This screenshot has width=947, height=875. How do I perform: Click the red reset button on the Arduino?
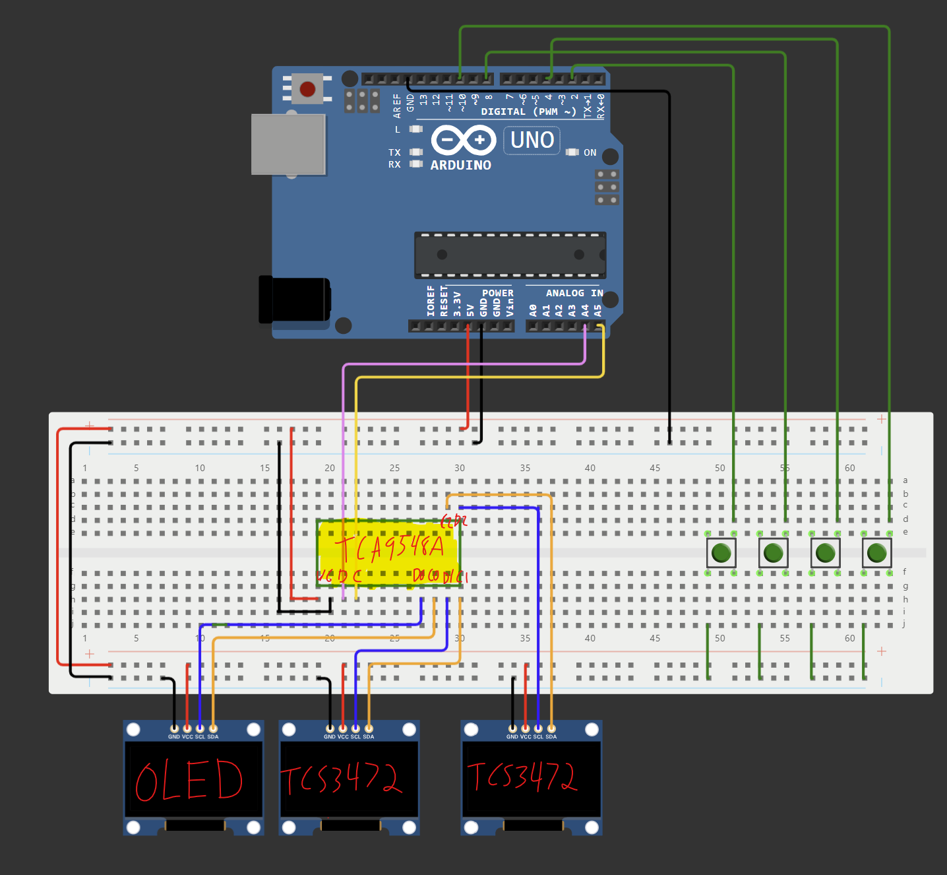point(307,88)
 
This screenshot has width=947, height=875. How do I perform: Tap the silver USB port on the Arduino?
point(288,144)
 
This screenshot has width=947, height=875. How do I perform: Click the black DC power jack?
point(295,300)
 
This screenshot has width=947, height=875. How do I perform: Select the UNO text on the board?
point(532,140)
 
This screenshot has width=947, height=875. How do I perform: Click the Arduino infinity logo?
point(464,140)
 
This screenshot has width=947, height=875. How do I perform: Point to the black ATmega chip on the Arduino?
point(510,255)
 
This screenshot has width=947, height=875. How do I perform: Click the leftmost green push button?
point(721,552)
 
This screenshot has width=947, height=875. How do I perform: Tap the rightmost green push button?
point(876,552)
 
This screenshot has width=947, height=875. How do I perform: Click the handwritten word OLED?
point(189,780)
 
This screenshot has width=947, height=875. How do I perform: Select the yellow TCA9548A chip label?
point(389,547)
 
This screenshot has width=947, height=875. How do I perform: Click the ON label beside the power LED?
point(590,152)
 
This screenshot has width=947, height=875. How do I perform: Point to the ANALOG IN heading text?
point(574,293)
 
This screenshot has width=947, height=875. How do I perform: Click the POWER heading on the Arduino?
point(497,293)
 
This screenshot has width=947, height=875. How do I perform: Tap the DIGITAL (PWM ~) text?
point(528,112)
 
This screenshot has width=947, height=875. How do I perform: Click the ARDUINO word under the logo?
point(460,165)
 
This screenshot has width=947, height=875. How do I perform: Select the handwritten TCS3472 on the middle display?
point(342,779)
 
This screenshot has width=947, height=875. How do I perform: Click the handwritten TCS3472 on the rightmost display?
point(522,776)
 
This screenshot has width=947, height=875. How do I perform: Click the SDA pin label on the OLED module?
point(213,736)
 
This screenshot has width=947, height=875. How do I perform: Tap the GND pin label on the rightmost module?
point(512,736)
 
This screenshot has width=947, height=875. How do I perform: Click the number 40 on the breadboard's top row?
point(590,468)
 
